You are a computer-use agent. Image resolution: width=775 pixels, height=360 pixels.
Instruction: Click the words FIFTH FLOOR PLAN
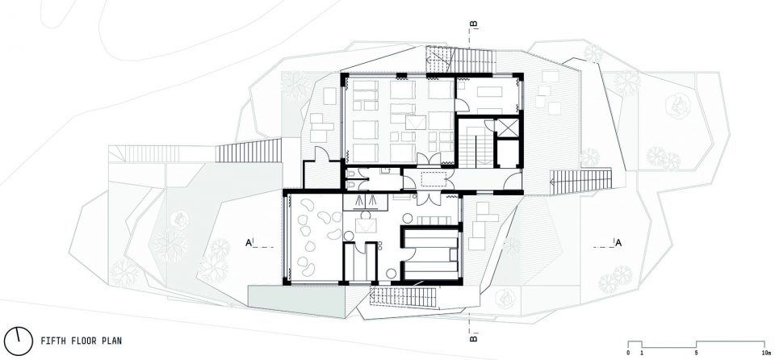coord(81,341)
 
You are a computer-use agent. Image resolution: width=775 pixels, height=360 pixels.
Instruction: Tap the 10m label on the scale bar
coord(765,353)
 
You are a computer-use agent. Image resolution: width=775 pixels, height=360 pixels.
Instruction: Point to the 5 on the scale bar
coord(697,353)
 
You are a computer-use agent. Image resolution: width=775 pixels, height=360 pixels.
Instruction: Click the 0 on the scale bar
coord(628,353)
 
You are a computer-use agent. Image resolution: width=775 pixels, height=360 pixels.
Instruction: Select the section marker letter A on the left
coord(248,242)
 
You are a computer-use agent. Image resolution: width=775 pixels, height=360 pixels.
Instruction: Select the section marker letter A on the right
coord(618,242)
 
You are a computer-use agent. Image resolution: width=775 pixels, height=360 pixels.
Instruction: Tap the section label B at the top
coord(473,23)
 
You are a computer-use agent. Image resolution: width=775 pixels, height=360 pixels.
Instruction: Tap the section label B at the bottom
coord(473,339)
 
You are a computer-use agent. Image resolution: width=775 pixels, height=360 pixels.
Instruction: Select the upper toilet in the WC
coord(350,173)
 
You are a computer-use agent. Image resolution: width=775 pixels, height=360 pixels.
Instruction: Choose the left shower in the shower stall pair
coord(358,201)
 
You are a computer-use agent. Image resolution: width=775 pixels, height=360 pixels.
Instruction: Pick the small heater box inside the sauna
coord(453,255)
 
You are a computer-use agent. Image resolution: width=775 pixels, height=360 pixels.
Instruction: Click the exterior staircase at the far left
coord(137,154)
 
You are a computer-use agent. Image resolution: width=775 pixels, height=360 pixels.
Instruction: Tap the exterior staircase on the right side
coord(580,182)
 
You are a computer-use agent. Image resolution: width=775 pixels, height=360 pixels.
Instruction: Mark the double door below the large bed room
coord(428,159)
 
